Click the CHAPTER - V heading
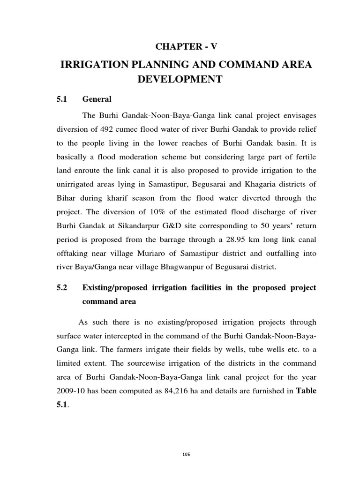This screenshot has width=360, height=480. click(187, 46)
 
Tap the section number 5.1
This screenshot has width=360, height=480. click(62, 99)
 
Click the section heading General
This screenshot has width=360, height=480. click(97, 99)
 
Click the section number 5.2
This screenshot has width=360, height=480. click(62, 287)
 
